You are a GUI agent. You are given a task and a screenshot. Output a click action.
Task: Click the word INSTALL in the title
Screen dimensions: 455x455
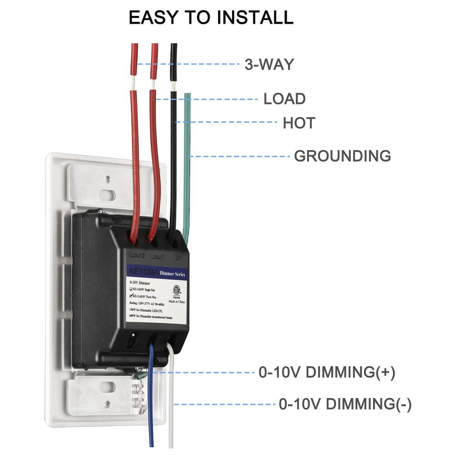click(254, 17)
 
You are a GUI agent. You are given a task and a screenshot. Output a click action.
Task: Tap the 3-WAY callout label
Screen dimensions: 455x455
click(269, 64)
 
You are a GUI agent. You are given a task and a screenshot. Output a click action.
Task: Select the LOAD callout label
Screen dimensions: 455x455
click(284, 99)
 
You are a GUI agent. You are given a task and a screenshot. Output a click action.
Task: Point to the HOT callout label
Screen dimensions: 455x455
click(299, 123)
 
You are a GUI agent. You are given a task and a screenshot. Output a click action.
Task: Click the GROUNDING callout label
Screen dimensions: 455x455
click(342, 156)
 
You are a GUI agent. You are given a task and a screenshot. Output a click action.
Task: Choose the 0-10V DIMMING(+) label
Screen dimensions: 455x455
click(327, 373)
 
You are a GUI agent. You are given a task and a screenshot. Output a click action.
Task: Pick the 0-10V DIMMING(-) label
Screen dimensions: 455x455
click(345, 404)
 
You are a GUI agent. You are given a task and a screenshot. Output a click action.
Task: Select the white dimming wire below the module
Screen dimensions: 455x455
click(171, 409)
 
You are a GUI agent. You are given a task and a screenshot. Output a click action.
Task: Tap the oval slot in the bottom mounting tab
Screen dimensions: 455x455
click(107, 387)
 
